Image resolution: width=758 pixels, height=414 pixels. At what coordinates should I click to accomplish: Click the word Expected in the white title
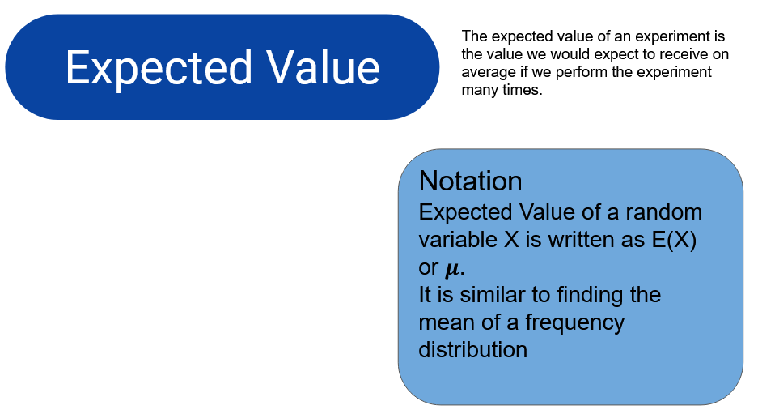159,68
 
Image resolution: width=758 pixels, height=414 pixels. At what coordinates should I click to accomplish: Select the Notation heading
470,181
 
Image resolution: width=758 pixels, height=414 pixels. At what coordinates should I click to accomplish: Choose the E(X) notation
674,240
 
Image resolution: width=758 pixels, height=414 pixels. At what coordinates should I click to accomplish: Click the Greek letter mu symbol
452,269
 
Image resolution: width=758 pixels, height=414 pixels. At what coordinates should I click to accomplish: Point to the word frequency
575,323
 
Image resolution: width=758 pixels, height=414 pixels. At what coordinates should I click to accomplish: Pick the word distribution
472,350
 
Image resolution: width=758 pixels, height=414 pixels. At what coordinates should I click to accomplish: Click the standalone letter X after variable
511,240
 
